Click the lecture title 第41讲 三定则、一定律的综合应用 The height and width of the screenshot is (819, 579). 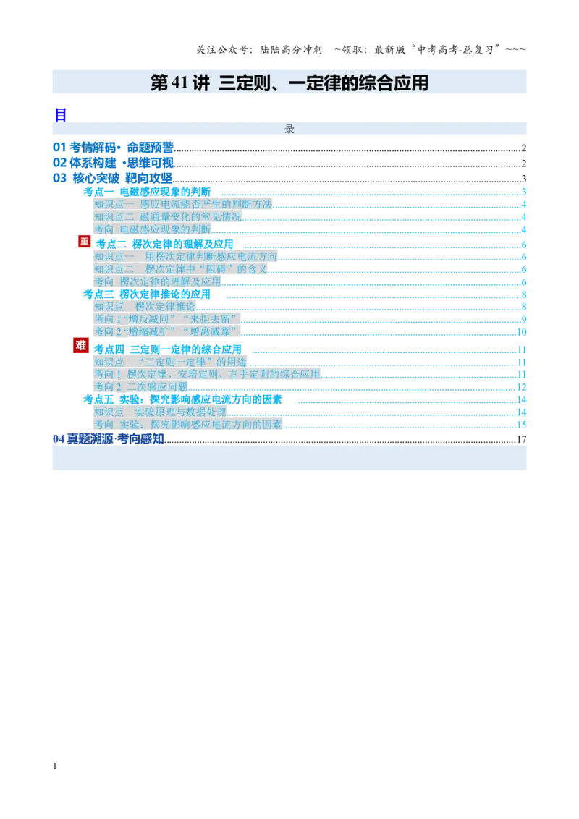(x=289, y=82)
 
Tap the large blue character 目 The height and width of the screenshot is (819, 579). (x=61, y=115)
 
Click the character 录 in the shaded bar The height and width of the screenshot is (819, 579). (x=289, y=129)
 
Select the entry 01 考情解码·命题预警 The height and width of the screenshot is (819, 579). (x=113, y=148)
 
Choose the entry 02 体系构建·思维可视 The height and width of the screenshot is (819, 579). (x=113, y=163)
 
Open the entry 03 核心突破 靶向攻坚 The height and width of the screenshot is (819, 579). (x=112, y=178)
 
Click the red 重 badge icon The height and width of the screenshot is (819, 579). (x=85, y=242)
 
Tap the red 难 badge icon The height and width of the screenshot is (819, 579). (x=80, y=345)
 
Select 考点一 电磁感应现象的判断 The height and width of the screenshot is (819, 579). (x=147, y=192)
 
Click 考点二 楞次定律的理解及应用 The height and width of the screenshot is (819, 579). (x=164, y=245)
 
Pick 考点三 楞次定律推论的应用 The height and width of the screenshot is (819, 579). (x=147, y=294)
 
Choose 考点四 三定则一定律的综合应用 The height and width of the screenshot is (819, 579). (x=168, y=349)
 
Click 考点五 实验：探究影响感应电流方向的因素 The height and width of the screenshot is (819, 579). (x=183, y=399)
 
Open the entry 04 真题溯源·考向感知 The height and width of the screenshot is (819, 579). (x=108, y=438)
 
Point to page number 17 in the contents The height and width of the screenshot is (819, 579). (x=522, y=439)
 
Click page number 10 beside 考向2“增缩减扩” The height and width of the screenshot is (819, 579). (x=522, y=332)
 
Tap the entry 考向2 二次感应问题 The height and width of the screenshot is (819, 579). (x=141, y=387)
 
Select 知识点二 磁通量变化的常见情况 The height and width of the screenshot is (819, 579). (x=168, y=217)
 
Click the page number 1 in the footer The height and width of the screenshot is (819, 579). (x=55, y=766)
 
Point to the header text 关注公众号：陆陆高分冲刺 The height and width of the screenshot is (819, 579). (x=259, y=50)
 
